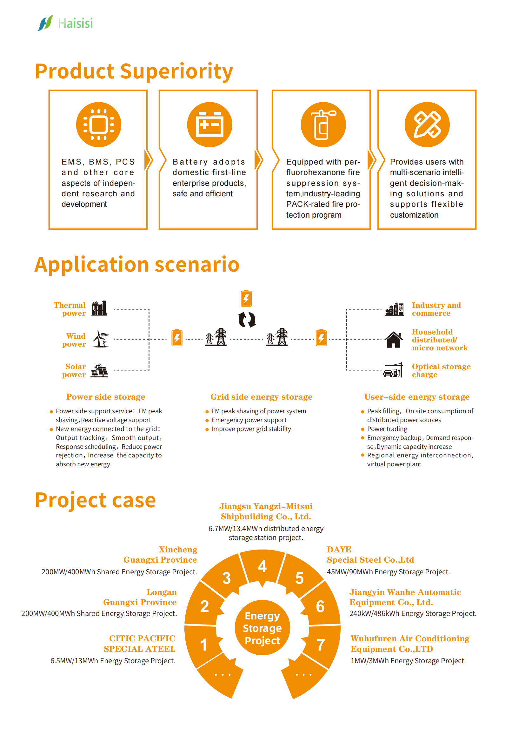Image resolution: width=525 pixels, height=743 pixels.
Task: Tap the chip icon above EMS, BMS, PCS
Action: click(99, 125)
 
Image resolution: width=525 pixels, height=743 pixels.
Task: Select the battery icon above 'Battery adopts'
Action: click(209, 125)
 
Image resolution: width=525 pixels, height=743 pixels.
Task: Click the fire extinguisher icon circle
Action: click(323, 125)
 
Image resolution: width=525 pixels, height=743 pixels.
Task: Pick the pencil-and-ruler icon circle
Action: click(427, 125)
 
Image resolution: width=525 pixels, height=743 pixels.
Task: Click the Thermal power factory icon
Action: click(99, 308)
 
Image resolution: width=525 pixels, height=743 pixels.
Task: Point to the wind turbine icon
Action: click(101, 339)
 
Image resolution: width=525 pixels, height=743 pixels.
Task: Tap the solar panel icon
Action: click(99, 370)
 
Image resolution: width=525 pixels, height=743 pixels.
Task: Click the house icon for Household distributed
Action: click(393, 340)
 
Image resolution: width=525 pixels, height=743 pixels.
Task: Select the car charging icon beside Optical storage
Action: click(393, 370)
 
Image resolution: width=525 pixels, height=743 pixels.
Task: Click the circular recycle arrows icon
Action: click(247, 320)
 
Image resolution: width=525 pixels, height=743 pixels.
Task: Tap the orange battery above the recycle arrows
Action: click(246, 298)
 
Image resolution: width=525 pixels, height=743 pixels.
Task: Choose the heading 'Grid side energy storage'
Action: click(261, 397)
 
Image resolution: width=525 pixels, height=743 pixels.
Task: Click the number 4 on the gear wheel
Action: click(262, 566)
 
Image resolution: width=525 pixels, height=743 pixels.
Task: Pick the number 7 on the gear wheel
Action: click(320, 645)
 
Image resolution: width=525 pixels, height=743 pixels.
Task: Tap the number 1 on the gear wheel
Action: click(204, 645)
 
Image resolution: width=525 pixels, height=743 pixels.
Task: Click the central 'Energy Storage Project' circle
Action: click(262, 628)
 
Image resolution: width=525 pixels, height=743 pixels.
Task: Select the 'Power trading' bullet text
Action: click(387, 429)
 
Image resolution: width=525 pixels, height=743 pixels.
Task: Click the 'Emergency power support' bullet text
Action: click(249, 420)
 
